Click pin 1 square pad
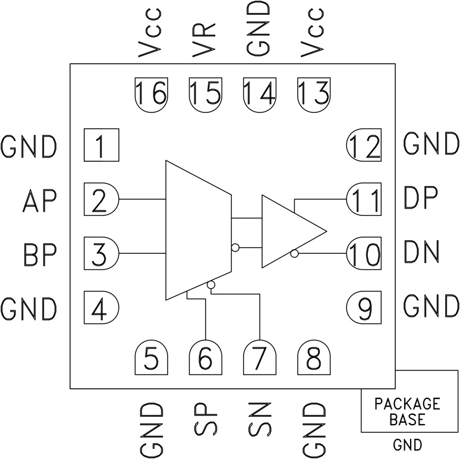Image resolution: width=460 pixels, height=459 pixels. [102, 145]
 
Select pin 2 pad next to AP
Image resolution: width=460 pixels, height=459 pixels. [102, 199]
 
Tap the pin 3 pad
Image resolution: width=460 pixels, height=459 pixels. [102, 253]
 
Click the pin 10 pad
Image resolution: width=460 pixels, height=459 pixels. [364, 253]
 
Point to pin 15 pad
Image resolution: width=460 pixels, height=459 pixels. [205, 94]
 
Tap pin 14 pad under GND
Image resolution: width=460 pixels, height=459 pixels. [259, 94]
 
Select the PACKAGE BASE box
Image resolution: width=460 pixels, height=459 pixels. [407, 410]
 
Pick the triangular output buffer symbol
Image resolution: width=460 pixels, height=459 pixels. [288, 231]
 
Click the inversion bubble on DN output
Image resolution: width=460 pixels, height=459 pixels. [295, 254]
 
